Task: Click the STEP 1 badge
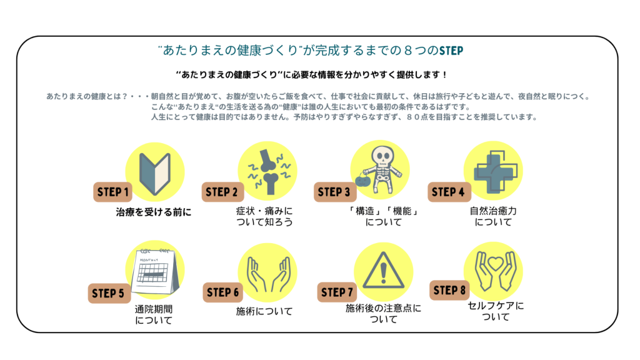point(113,192)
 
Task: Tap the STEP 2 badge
point(222,192)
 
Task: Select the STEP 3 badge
point(334,192)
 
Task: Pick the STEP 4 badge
point(447,192)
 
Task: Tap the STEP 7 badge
point(337,292)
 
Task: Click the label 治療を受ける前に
point(154,212)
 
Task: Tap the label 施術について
point(264,311)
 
